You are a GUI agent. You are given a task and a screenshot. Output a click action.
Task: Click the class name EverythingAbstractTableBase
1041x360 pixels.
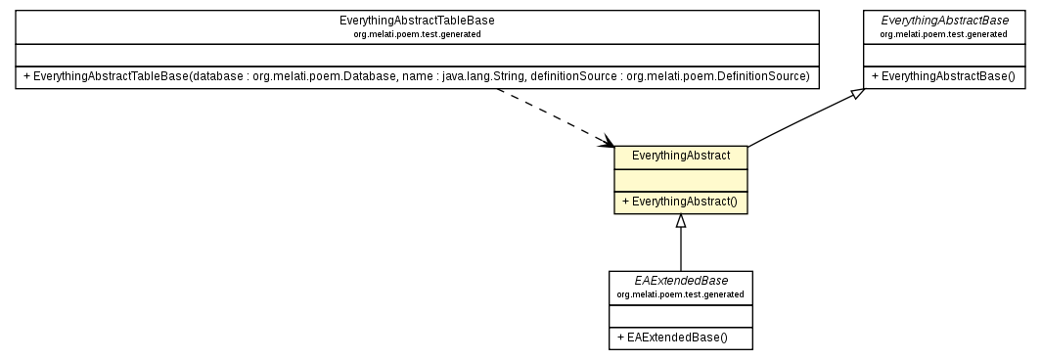pos(417,20)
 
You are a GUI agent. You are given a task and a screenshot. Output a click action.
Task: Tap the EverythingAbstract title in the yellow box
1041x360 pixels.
pos(681,156)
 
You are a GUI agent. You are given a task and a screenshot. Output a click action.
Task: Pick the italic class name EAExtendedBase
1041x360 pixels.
pos(680,281)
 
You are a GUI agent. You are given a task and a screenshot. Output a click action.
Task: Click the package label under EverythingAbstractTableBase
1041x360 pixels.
pos(417,34)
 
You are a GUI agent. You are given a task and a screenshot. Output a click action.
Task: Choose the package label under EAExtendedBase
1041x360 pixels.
pos(680,294)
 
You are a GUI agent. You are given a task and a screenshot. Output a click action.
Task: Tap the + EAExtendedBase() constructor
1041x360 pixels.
pos(676,337)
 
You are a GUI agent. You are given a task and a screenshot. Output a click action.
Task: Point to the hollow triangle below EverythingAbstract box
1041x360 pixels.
pos(681,221)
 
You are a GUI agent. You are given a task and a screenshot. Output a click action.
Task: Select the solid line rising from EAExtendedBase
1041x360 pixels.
pos(681,250)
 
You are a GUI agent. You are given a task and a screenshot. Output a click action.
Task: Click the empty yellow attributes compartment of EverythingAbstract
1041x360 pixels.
pos(681,180)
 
